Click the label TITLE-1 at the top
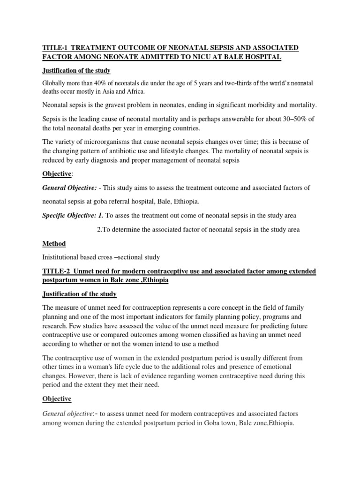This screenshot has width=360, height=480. tap(55, 48)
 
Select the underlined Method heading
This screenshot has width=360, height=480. tap(54, 243)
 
